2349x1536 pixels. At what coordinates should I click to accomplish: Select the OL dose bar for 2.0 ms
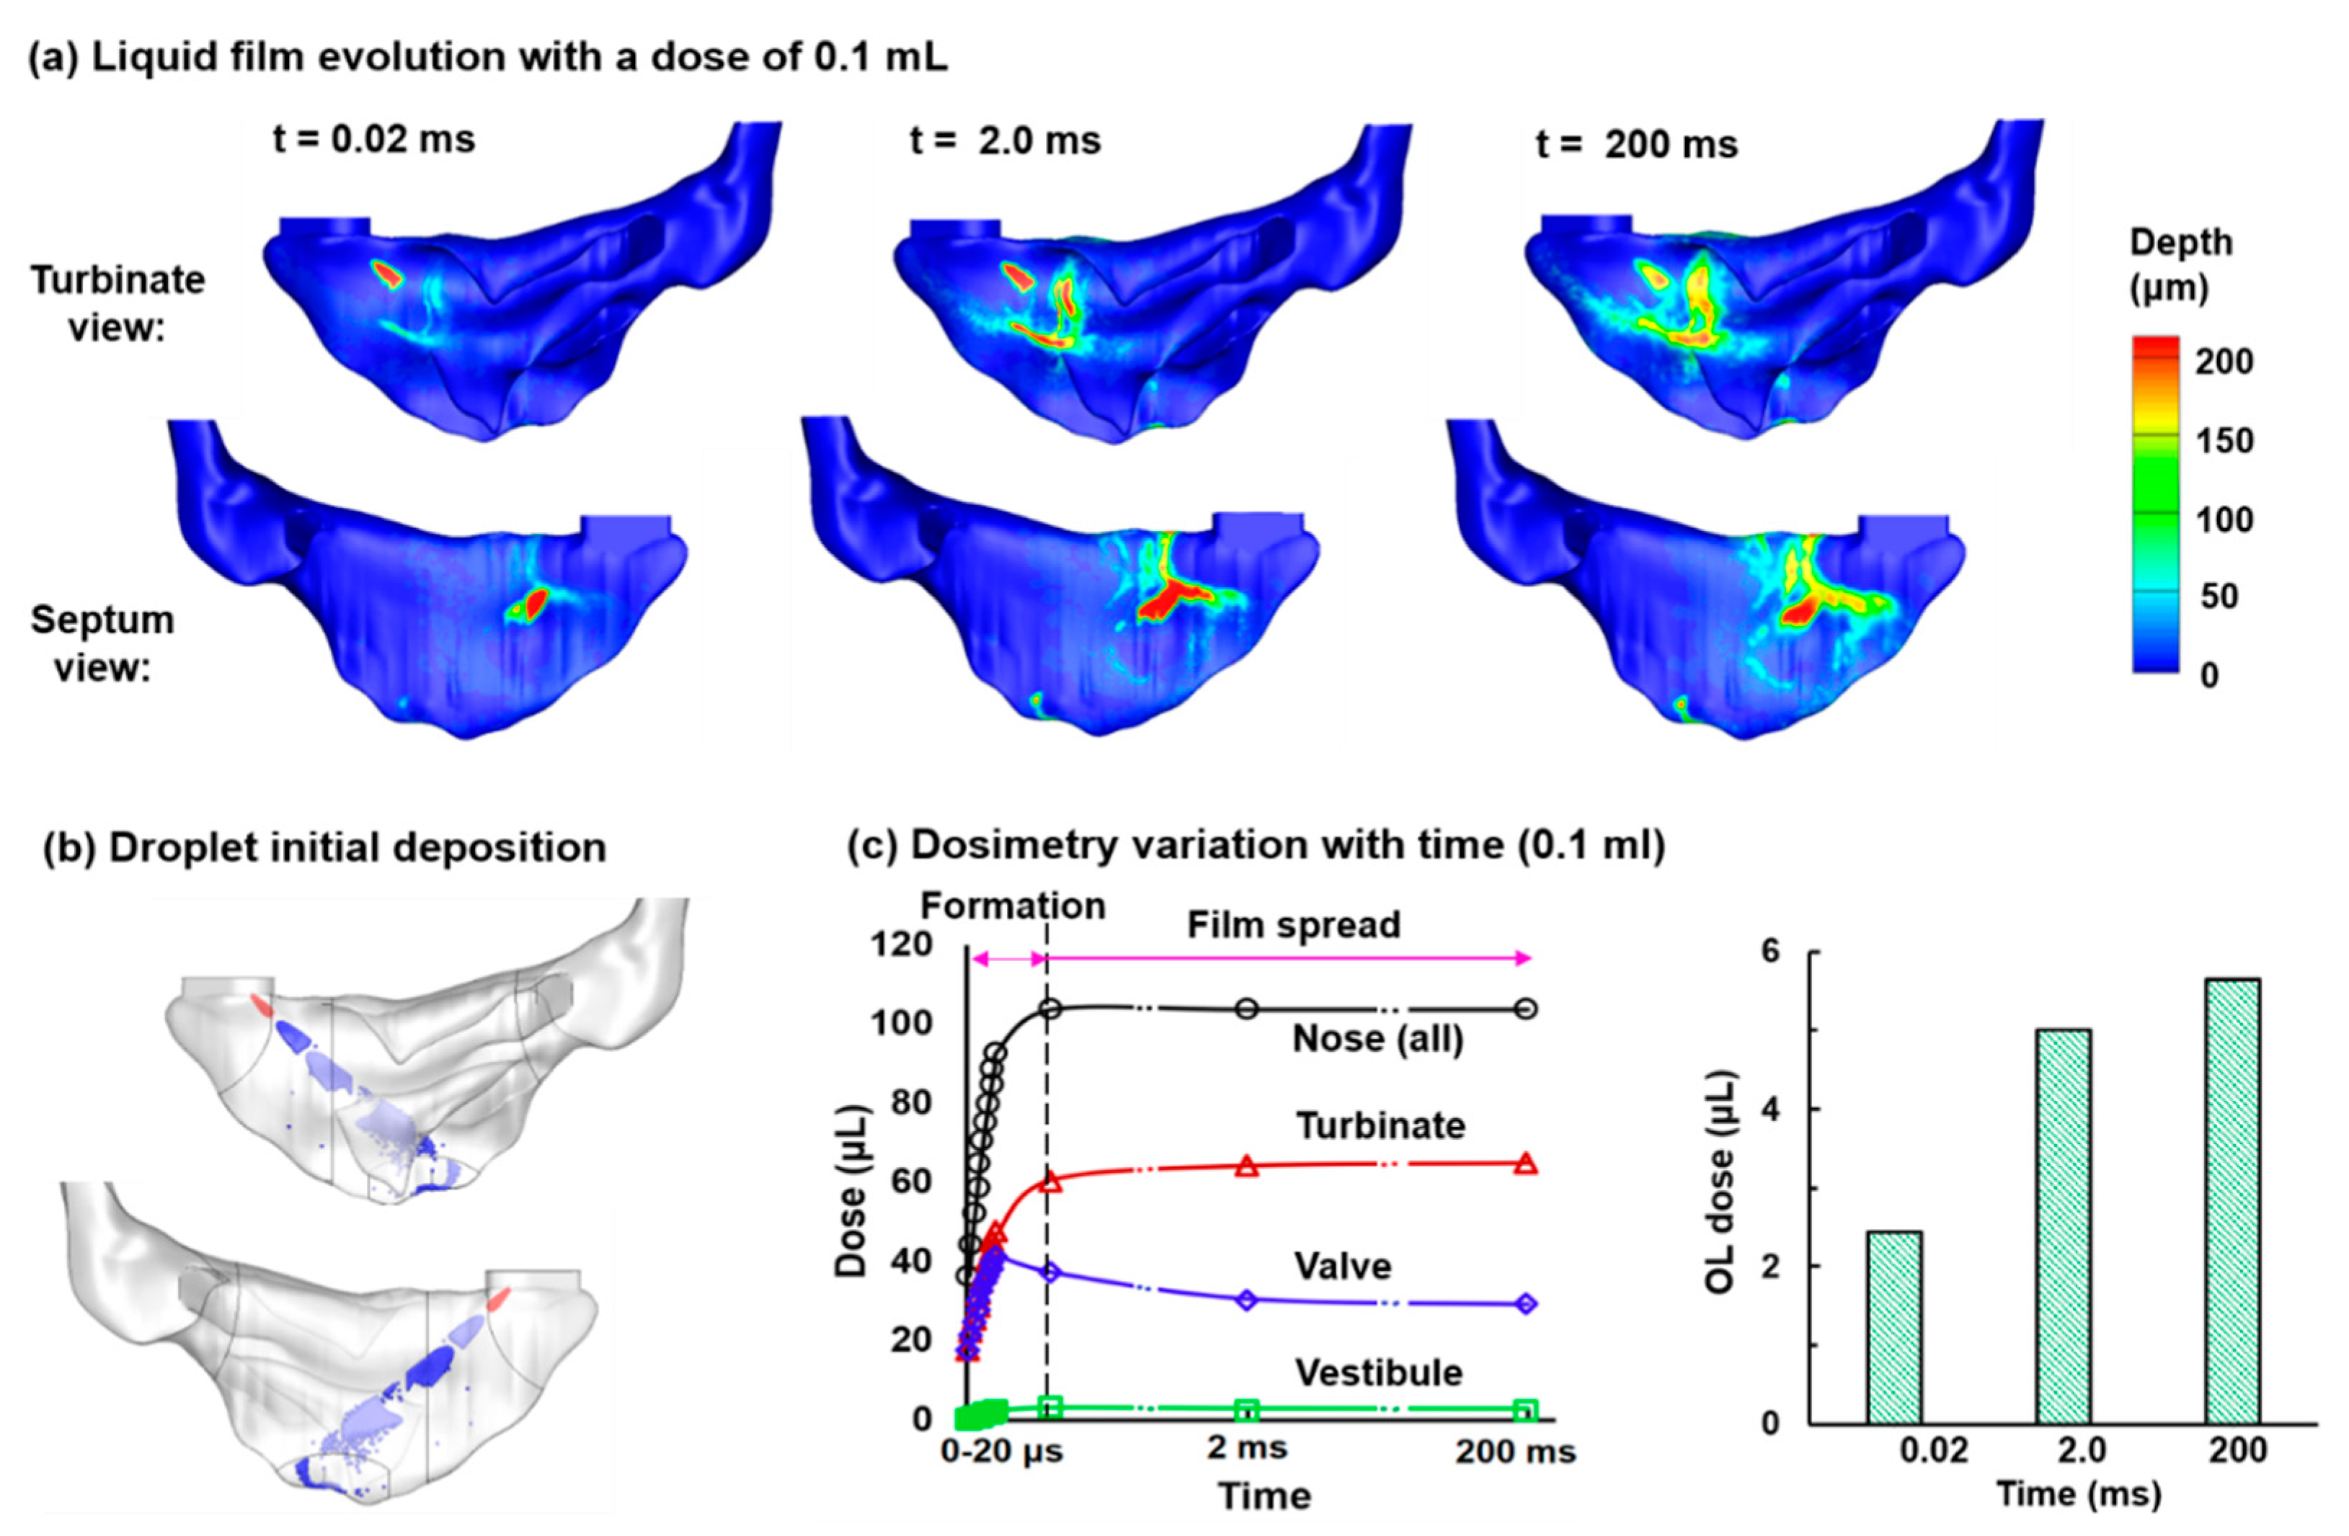click(2063, 1226)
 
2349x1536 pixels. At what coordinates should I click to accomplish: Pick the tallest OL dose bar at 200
click(2232, 1202)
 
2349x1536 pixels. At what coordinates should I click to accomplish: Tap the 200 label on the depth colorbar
click(2224, 362)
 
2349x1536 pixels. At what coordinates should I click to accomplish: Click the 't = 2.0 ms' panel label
click(1005, 141)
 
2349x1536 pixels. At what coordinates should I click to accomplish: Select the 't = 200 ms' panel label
click(1636, 145)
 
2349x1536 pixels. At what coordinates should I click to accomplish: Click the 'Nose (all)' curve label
click(1378, 1039)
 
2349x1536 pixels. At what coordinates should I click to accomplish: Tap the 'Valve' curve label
click(1344, 1267)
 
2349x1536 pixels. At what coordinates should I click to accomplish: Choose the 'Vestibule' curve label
click(1378, 1372)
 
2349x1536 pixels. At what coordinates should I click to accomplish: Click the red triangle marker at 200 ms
click(1526, 1164)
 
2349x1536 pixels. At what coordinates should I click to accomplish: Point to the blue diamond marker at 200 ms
click(1526, 1304)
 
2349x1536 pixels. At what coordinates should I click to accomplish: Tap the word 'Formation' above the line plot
click(1013, 906)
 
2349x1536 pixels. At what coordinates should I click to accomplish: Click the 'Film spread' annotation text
click(1293, 925)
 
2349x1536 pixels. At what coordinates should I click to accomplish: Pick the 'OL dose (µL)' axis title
click(1720, 1182)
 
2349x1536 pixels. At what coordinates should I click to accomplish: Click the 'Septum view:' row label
click(102, 644)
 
